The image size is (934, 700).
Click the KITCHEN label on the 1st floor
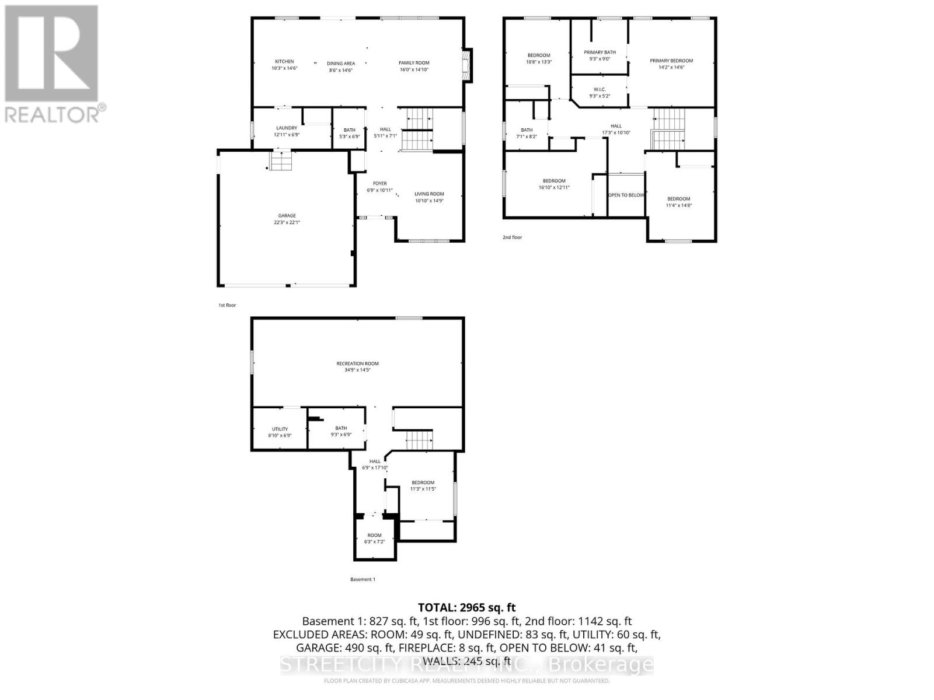[x=284, y=62]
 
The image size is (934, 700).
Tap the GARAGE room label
[x=287, y=216]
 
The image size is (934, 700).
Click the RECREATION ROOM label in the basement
[x=357, y=364]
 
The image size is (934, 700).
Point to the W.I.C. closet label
[x=600, y=89]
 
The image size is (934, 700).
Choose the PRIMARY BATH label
[x=600, y=52]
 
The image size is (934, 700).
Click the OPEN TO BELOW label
[x=626, y=195]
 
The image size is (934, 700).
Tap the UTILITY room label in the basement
[x=280, y=429]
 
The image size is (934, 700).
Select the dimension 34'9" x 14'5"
[x=357, y=370]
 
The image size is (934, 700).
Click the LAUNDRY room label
[x=287, y=128]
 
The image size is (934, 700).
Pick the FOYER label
[x=379, y=183]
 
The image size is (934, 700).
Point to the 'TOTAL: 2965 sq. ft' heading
[x=466, y=607]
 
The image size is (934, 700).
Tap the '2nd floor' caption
[x=512, y=237]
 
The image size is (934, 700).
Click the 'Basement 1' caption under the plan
[x=363, y=579]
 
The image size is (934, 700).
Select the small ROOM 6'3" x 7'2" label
[x=374, y=535]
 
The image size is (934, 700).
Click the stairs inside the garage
[x=280, y=160]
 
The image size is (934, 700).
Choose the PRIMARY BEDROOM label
[x=671, y=61]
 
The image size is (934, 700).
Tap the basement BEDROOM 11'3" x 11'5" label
[x=423, y=482]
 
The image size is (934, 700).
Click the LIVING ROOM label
[x=429, y=194]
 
